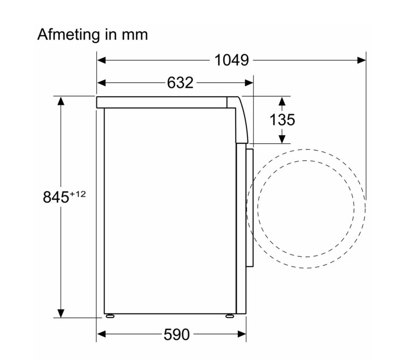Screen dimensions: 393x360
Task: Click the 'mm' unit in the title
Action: pos(135,35)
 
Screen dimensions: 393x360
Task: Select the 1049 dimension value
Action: pos(232,61)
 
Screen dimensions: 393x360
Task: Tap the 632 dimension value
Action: pos(180,83)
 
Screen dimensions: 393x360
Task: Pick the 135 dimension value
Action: pos(282,120)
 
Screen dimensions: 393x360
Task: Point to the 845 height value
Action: pos(55,197)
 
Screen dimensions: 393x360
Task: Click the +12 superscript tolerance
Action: pos(78,194)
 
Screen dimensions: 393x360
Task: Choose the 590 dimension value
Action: pos(177,335)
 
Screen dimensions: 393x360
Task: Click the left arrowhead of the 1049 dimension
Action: pos(101,61)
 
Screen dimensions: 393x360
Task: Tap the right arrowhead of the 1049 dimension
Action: pos(361,61)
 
